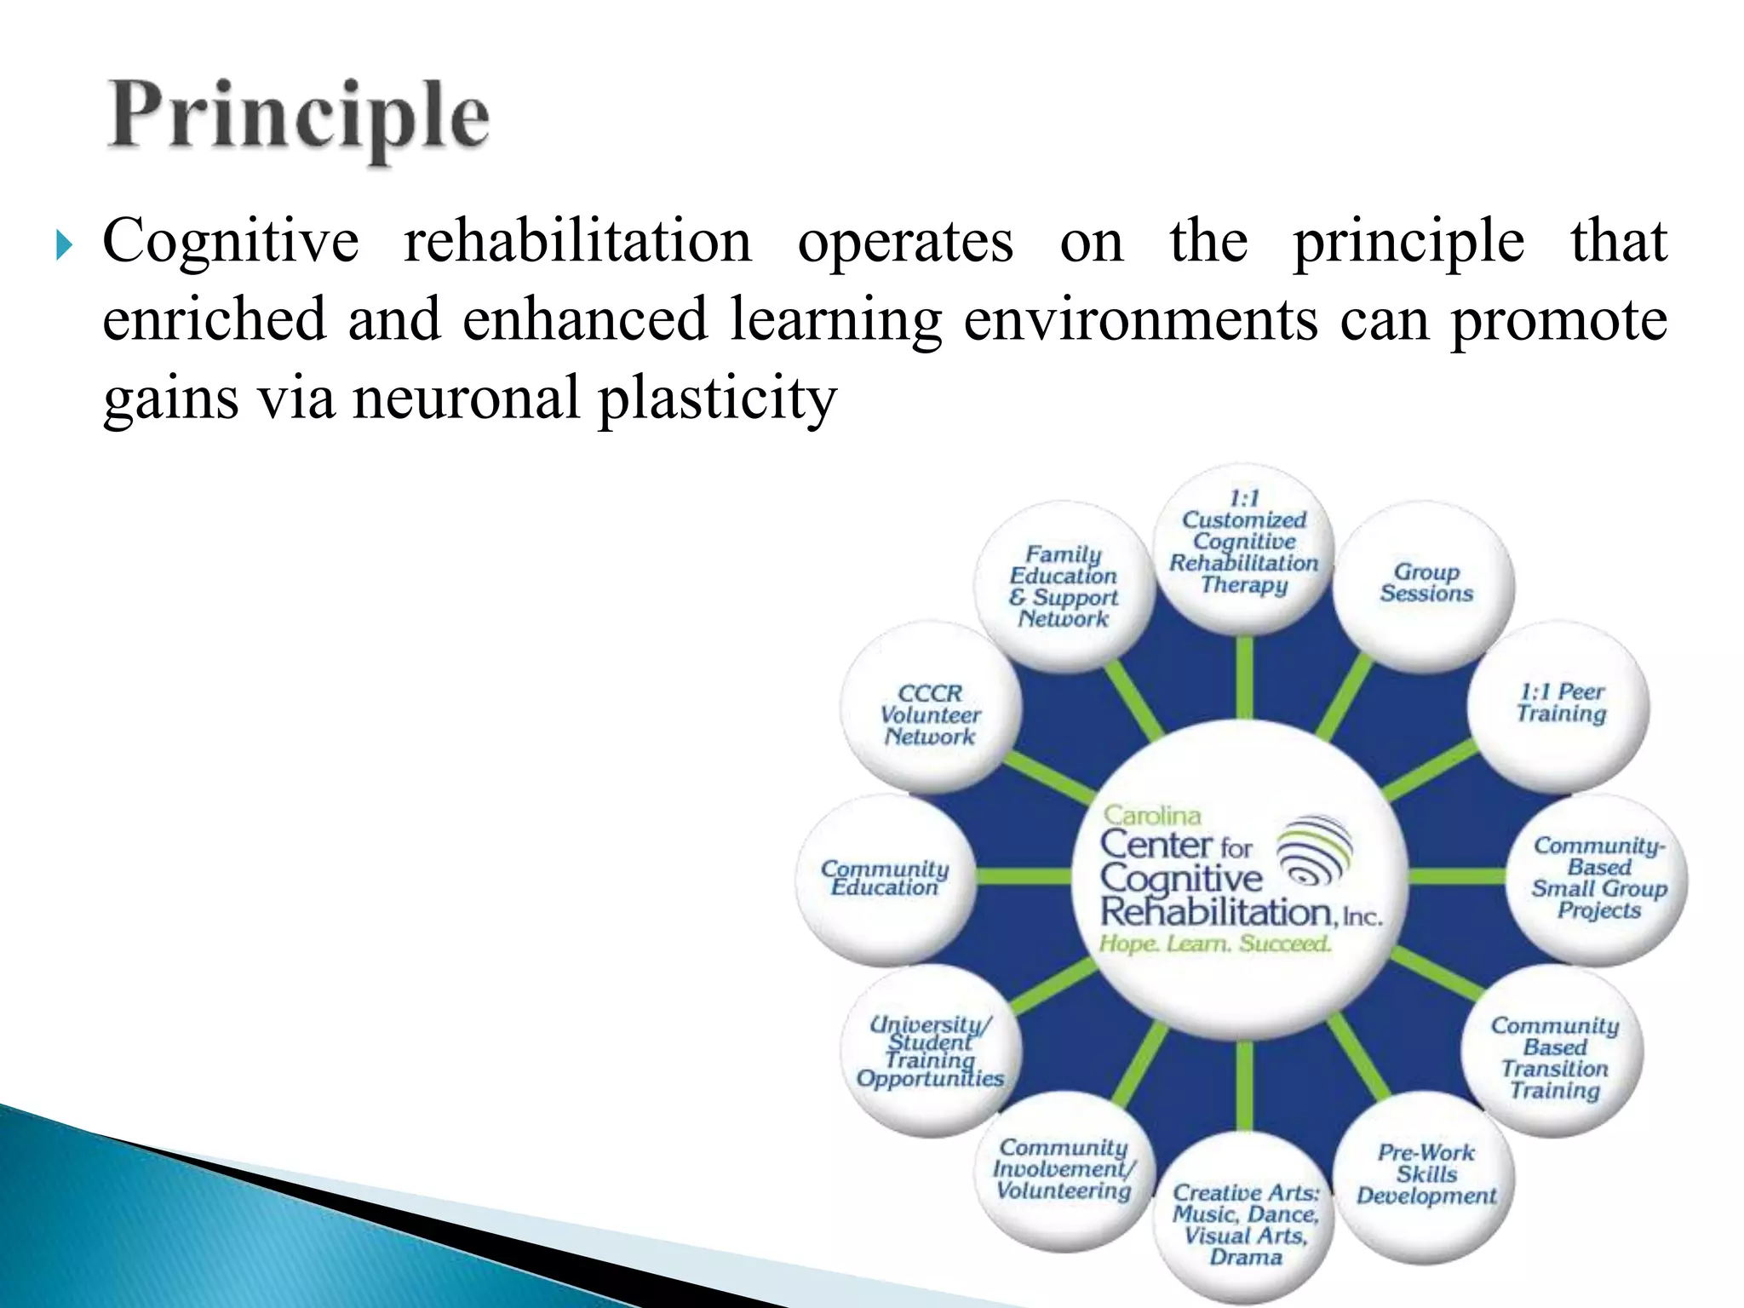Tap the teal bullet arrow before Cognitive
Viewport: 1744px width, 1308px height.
pyautogui.click(x=65, y=246)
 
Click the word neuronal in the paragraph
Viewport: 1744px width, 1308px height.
pyautogui.click(x=465, y=399)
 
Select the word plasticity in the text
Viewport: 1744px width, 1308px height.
pyautogui.click(x=717, y=399)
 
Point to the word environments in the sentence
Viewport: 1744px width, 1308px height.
pyautogui.click(x=1140, y=320)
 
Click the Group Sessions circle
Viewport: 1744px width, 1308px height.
pyautogui.click(x=1426, y=584)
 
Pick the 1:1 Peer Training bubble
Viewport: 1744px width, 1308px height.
pyautogui.click(x=1559, y=704)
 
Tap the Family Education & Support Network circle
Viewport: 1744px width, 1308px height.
pyautogui.click(x=1064, y=587)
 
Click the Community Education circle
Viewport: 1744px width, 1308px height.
pyautogui.click(x=885, y=878)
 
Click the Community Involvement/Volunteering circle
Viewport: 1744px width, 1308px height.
pyautogui.click(x=1063, y=1170)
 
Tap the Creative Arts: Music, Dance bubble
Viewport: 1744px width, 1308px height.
pyautogui.click(x=1245, y=1225)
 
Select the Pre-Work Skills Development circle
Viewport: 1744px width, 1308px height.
pyautogui.click(x=1426, y=1174)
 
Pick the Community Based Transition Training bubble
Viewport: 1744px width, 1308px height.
pyautogui.click(x=1554, y=1058)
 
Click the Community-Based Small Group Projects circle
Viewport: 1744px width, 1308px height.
pyautogui.click(x=1598, y=878)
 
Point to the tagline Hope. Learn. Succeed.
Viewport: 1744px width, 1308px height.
pyautogui.click(x=1214, y=944)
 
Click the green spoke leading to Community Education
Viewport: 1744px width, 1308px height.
pyautogui.click(x=1022, y=876)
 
